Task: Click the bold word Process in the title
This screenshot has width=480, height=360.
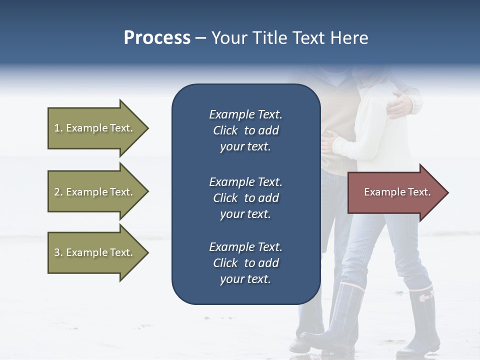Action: (x=157, y=38)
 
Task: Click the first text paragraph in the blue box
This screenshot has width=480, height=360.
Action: (x=245, y=130)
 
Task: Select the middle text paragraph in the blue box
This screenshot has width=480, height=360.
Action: (x=245, y=198)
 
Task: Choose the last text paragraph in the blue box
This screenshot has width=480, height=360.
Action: (x=245, y=263)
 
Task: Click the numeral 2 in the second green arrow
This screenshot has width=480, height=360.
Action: (x=56, y=192)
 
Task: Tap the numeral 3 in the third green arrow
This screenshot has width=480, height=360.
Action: (x=56, y=252)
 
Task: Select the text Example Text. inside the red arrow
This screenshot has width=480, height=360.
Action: (x=397, y=192)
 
